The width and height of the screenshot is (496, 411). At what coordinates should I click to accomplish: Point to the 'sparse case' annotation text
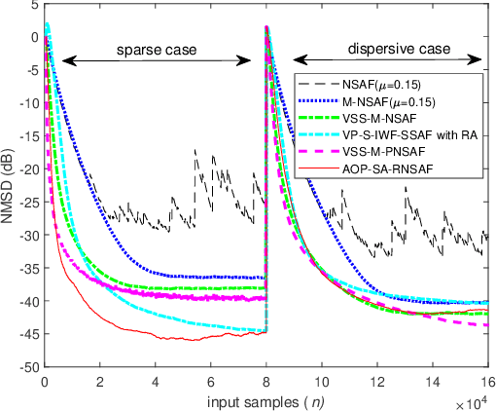156,48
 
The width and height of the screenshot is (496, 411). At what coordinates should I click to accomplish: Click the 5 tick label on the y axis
33,6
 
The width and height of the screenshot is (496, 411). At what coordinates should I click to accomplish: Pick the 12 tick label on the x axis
375,381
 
